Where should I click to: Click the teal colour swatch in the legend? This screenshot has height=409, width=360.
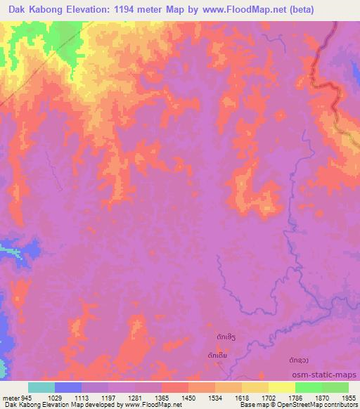(x=41, y=387)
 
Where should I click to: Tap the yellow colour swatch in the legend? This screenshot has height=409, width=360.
(x=281, y=387)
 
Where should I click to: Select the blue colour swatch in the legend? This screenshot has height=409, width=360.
(x=68, y=387)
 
